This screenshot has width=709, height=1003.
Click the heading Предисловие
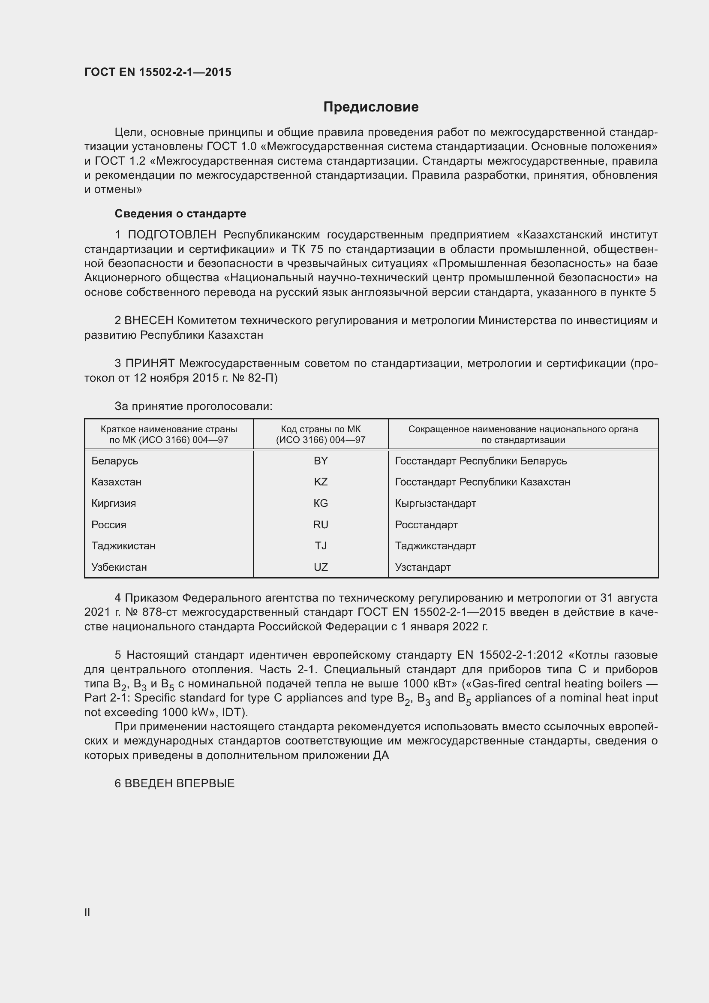pos(371,107)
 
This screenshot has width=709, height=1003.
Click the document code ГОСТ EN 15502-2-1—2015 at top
pos(158,72)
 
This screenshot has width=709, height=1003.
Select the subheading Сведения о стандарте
pos(180,214)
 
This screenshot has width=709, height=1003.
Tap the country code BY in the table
pos(321,461)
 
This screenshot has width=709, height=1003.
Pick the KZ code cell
pos(321,482)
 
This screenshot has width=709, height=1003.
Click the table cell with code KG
pos(321,503)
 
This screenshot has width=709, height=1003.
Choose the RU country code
pos(321,524)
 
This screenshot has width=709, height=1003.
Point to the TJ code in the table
pos(321,545)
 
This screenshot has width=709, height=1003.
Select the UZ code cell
pos(321,567)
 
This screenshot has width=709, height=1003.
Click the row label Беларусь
pos(115,461)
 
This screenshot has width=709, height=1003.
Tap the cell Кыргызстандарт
pos(435,503)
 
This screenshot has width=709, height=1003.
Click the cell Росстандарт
pos(426,524)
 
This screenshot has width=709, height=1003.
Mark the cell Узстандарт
pos(423,567)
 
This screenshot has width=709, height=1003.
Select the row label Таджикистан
pos(123,545)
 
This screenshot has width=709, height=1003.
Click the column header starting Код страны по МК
pos(321,434)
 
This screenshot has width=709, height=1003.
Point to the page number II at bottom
pos(87,912)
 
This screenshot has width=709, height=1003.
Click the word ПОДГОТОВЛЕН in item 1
pos(172,235)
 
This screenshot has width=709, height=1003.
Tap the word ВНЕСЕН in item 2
pos(149,321)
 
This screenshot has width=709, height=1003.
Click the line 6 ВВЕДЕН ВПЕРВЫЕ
pos(174,783)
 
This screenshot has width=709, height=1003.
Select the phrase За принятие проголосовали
pos(193,406)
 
